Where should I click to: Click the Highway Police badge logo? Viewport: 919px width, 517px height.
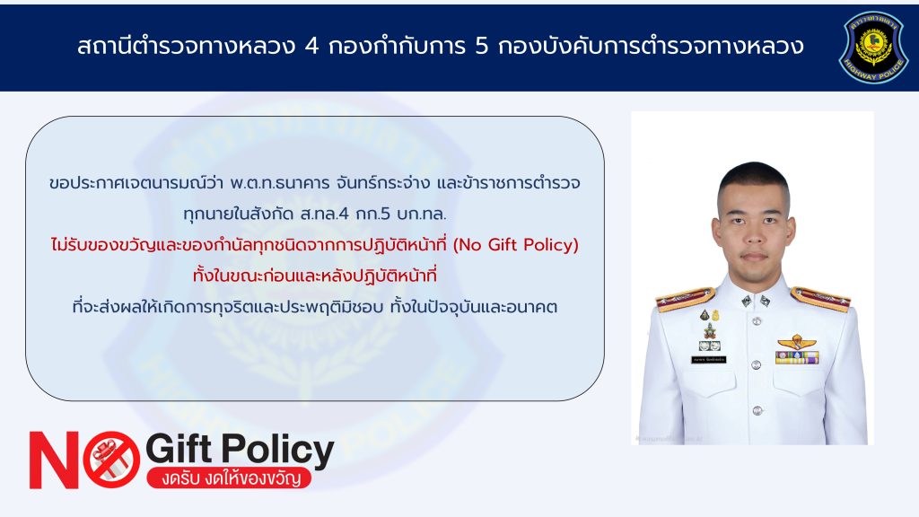(x=874, y=47)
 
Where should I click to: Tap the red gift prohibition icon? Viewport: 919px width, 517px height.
(x=111, y=460)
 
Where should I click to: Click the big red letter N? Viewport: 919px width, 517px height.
(x=54, y=460)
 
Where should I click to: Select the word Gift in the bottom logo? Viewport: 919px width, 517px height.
(x=179, y=449)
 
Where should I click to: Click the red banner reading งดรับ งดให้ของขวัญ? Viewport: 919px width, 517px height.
(x=229, y=478)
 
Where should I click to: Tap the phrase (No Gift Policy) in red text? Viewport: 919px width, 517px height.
(x=516, y=244)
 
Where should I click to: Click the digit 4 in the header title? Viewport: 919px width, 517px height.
(x=311, y=47)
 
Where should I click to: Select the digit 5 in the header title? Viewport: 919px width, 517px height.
(x=481, y=47)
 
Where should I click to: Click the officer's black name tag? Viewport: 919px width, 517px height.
(x=709, y=359)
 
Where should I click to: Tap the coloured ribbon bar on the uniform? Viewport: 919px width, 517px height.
(x=797, y=357)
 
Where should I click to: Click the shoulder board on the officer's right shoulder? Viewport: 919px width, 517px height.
(x=685, y=299)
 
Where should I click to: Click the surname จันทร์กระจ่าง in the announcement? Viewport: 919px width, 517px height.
(x=383, y=183)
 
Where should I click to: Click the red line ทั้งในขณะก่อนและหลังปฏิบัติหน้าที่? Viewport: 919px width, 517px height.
(x=315, y=275)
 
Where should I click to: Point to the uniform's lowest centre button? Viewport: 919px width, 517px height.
(x=757, y=410)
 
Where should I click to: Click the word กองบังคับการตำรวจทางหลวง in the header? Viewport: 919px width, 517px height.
(x=651, y=46)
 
